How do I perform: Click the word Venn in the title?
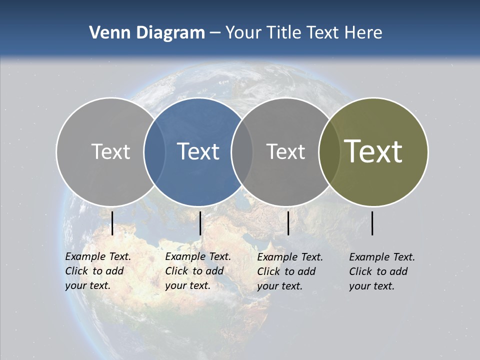pyautogui.click(x=106, y=33)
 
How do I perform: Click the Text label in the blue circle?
pyautogui.click(x=198, y=151)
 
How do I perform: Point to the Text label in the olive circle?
pyautogui.click(x=373, y=151)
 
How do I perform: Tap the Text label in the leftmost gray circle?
pyautogui.click(x=110, y=151)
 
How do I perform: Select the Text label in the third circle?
pyautogui.click(x=285, y=151)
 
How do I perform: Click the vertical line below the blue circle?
pyautogui.click(x=200, y=223)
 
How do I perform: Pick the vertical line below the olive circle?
pyautogui.click(x=372, y=223)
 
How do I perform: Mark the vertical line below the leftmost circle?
pyautogui.click(x=112, y=223)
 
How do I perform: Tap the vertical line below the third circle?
pyautogui.click(x=288, y=223)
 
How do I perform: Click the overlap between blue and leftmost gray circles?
pyautogui.click(x=154, y=151)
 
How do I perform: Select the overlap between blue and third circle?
pyautogui.click(x=242, y=151)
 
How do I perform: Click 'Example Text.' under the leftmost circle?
pyautogui.click(x=98, y=256)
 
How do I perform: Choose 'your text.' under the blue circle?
pyautogui.click(x=187, y=285)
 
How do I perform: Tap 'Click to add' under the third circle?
pyautogui.click(x=286, y=271)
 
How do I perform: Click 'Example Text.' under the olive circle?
pyautogui.click(x=382, y=257)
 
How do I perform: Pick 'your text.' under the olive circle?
pyautogui.click(x=371, y=286)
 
